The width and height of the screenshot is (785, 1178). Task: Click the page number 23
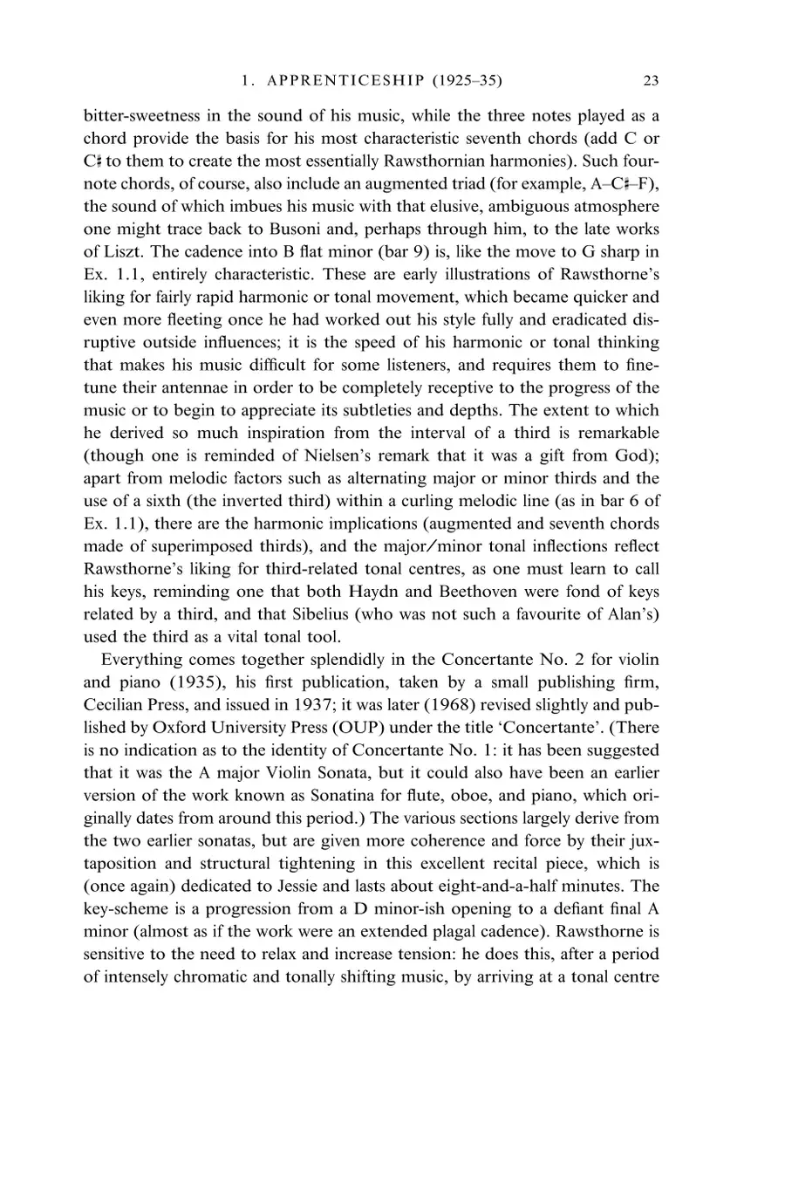[x=650, y=81]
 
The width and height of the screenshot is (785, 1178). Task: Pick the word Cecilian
[x=113, y=705]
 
